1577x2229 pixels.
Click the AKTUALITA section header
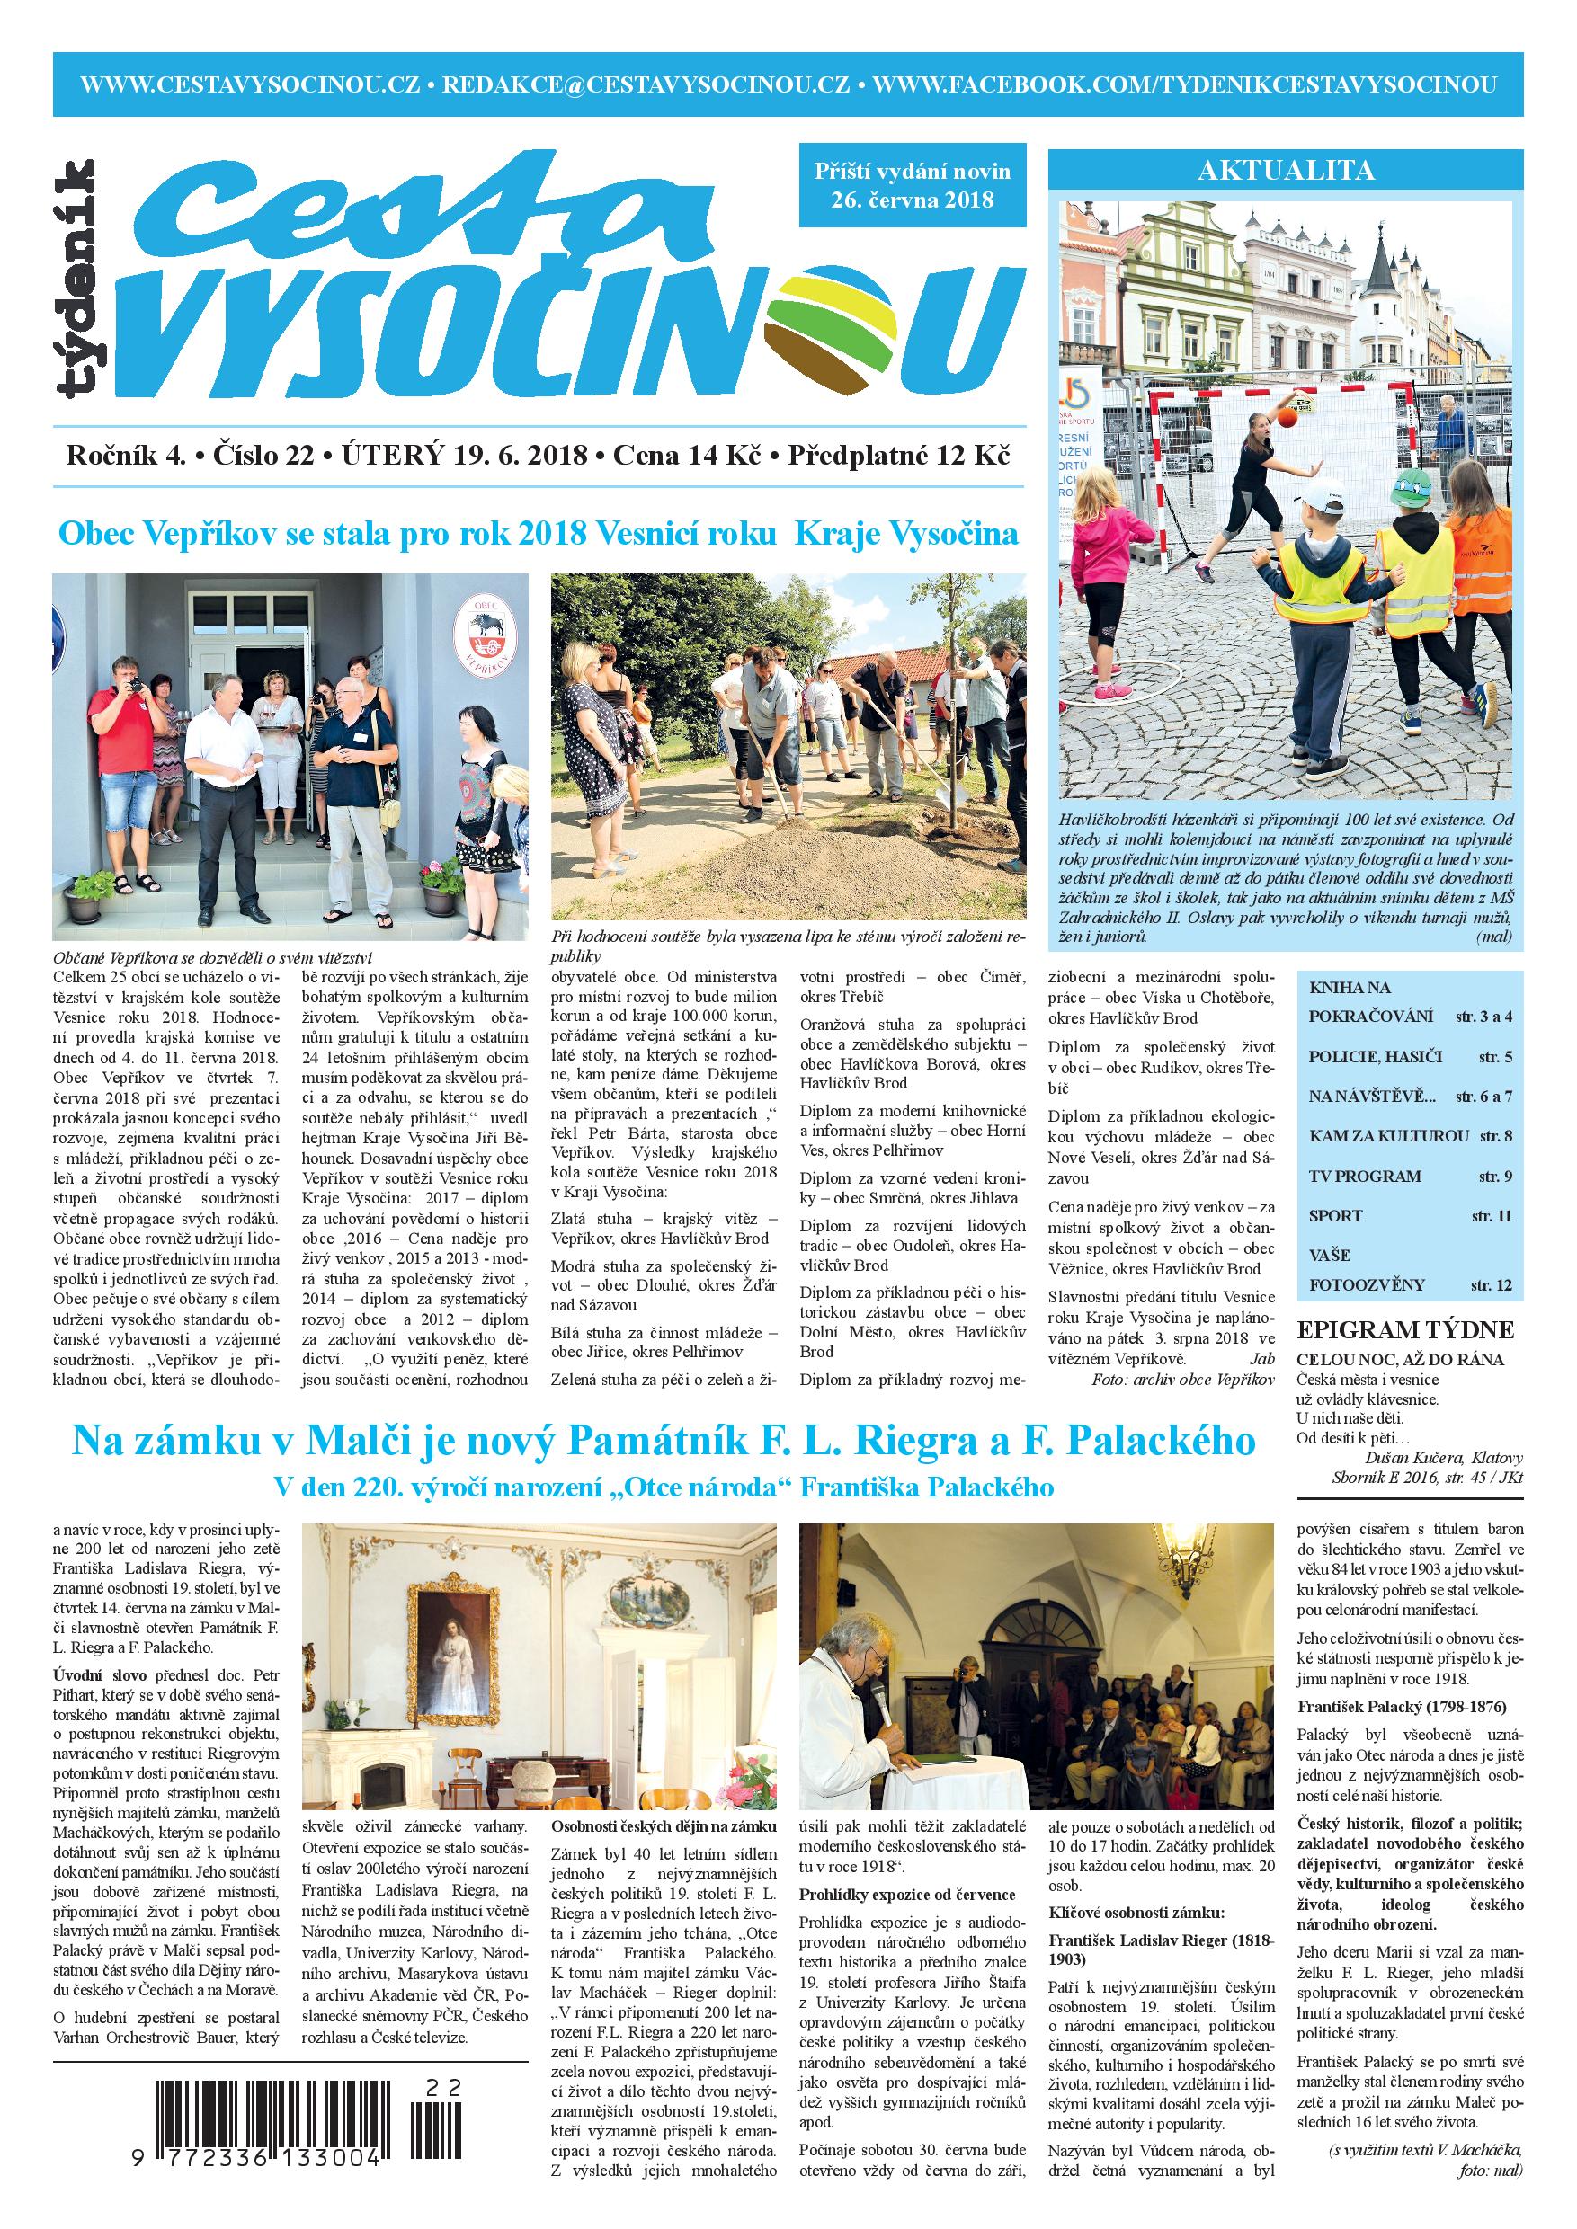coord(1286,171)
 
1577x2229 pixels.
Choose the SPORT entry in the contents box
coord(1335,1215)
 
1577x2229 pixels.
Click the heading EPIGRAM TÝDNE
coord(1405,1330)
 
